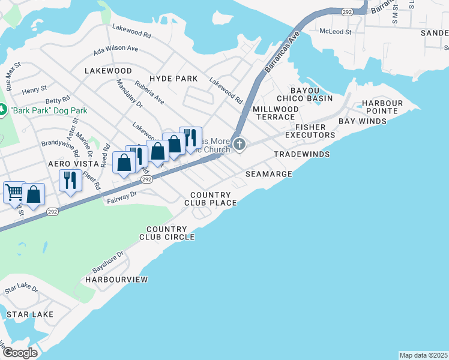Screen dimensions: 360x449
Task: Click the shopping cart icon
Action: pos(13,193)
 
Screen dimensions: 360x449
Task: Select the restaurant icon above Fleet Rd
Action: pos(71,179)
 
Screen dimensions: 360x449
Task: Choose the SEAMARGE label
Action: pos(269,174)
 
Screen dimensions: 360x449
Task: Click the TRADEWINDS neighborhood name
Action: pos(303,154)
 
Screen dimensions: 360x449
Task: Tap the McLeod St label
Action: pos(336,31)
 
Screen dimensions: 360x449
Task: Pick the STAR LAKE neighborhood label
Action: pos(29,314)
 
